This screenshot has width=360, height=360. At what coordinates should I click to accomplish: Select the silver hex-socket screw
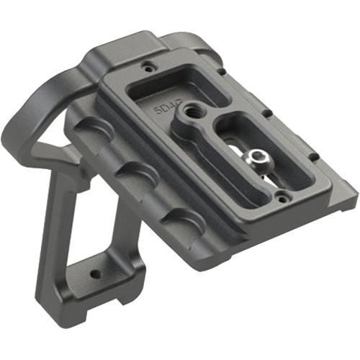[256, 158]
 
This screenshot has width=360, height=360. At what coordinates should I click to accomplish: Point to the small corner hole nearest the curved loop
[148, 66]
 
